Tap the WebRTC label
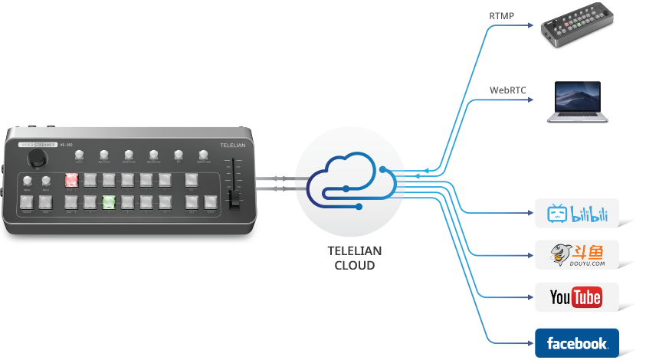pyautogui.click(x=507, y=90)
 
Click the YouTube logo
pyautogui.click(x=576, y=297)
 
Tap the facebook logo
pyautogui.click(x=576, y=342)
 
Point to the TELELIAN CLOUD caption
pyautogui.click(x=353, y=257)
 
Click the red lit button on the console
pyautogui.click(x=71, y=180)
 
